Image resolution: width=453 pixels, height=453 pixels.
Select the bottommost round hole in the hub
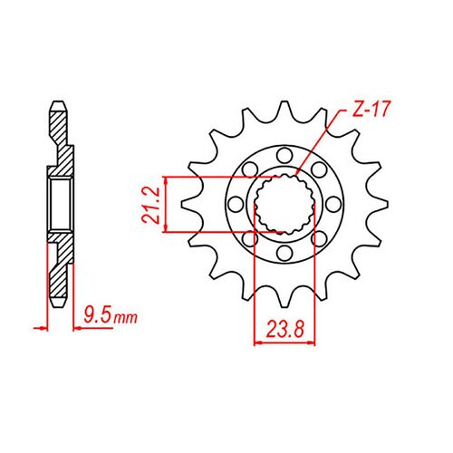[283, 255]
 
